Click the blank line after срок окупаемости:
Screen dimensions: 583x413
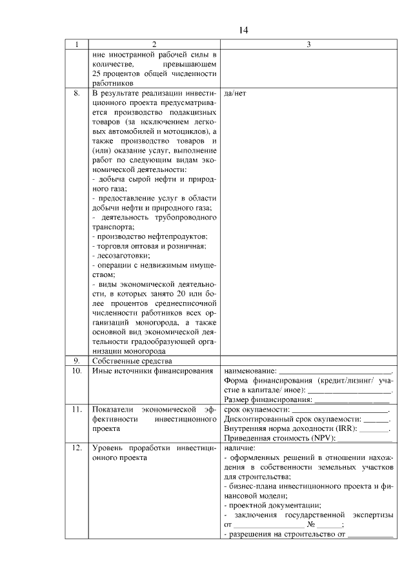340,410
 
